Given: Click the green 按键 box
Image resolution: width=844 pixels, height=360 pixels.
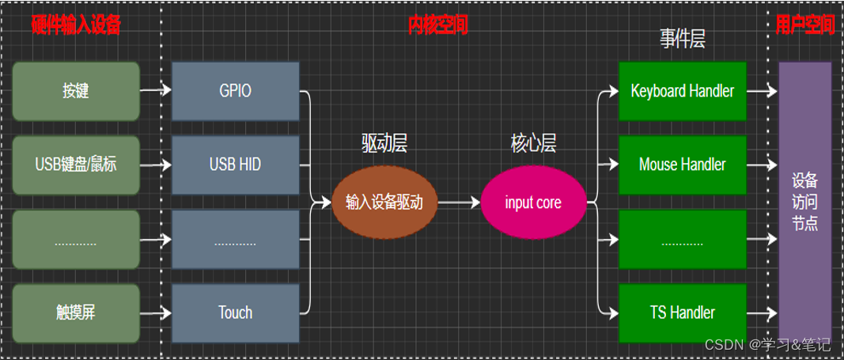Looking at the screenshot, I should pyautogui.click(x=76, y=91).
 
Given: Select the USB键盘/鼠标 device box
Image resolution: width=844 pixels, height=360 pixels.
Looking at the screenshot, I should pyautogui.click(x=76, y=165).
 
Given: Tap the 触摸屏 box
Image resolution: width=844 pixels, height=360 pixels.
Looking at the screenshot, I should pyautogui.click(x=76, y=313).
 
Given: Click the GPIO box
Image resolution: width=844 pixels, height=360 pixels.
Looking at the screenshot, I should pyautogui.click(x=236, y=91).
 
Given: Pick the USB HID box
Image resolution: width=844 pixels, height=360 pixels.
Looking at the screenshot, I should pyautogui.click(x=236, y=165).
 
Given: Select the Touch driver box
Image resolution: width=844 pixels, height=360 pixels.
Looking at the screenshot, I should pyautogui.click(x=236, y=313).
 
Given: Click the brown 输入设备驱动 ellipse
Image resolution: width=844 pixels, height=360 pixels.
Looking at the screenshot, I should pyautogui.click(x=384, y=203).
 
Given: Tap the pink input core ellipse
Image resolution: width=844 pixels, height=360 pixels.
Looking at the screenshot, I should pyautogui.click(x=533, y=203).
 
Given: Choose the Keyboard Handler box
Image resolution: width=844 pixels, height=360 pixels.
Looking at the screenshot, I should pyautogui.click(x=682, y=91).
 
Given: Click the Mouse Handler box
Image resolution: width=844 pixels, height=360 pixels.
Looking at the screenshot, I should pyautogui.click(x=682, y=165).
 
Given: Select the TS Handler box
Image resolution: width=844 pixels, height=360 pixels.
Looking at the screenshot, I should pyautogui.click(x=682, y=313).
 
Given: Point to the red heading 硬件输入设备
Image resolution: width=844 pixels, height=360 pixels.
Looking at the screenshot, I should pyautogui.click(x=76, y=25).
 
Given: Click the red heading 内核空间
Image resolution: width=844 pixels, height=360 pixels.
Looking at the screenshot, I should pyautogui.click(x=438, y=25).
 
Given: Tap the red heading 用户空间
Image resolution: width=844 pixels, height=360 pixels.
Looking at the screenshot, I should pyautogui.click(x=805, y=25).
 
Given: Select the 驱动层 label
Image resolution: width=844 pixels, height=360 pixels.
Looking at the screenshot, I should pyautogui.click(x=384, y=143).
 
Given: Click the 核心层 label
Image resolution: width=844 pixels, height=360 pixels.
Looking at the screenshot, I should pyautogui.click(x=533, y=143).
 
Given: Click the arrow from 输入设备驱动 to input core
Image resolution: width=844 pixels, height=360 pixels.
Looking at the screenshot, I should pyautogui.click(x=459, y=203).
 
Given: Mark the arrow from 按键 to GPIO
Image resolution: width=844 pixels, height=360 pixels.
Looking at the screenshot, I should pyautogui.click(x=156, y=91).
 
